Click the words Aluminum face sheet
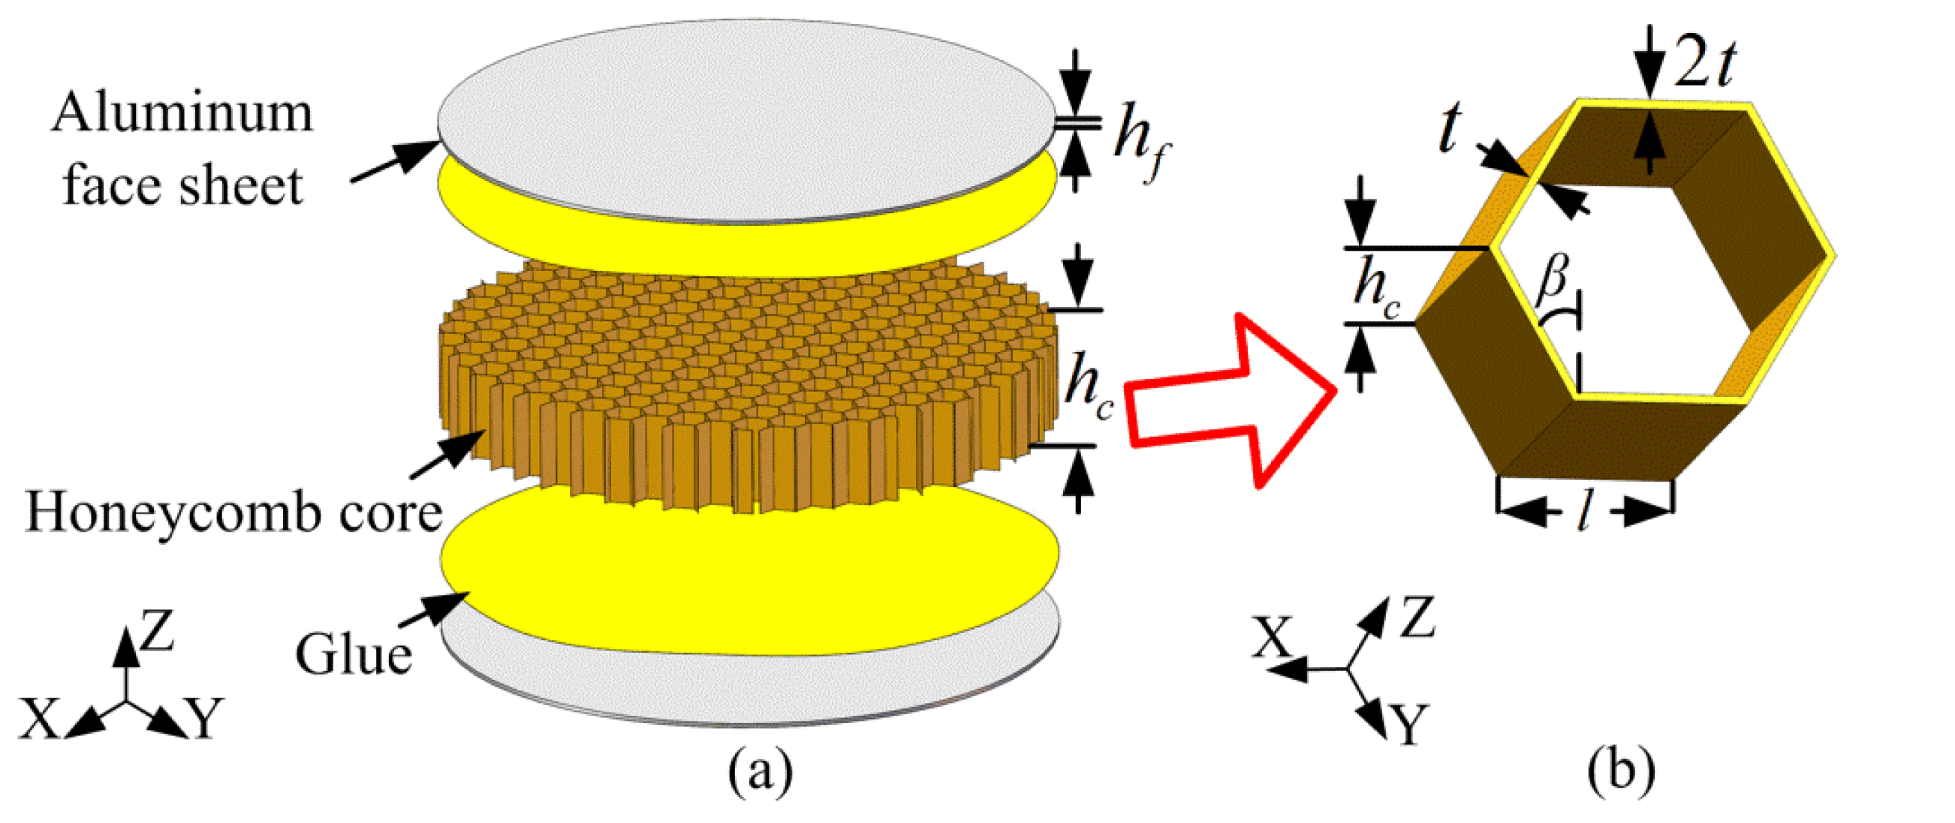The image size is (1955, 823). tap(182, 149)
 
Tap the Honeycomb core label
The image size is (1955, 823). tap(233, 513)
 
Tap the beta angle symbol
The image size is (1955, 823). tap(1551, 278)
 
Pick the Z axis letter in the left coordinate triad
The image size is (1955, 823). tap(157, 631)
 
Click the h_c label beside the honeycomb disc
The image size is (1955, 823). tap(1088, 388)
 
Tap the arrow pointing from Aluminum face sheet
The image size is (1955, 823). tap(393, 161)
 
